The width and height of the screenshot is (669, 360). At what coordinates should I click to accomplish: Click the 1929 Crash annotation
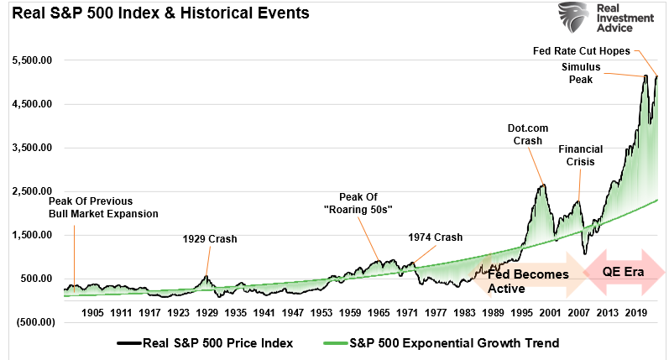tap(210, 239)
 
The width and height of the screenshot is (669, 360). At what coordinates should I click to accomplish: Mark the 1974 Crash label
tap(436, 237)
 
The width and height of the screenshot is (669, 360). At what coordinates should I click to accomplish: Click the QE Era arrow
tap(623, 269)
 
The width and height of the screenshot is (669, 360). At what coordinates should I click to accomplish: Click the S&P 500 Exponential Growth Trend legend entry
tap(445, 343)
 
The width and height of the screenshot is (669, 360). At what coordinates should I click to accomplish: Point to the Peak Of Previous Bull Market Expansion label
tap(103, 207)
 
